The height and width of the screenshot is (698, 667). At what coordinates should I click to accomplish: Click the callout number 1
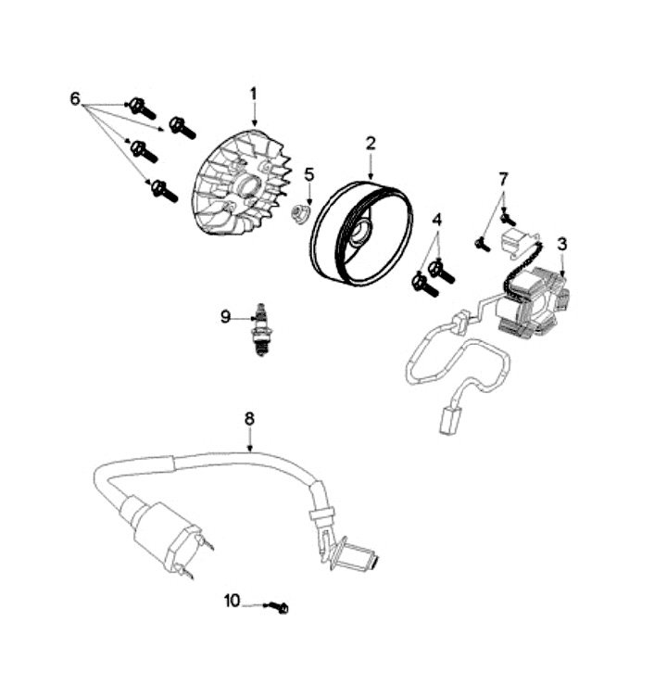pyautogui.click(x=253, y=94)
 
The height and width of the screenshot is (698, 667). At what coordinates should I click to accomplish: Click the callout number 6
pyautogui.click(x=75, y=98)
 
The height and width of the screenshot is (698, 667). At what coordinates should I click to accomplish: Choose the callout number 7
pyautogui.click(x=504, y=178)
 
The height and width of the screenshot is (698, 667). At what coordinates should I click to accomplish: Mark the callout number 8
pyautogui.click(x=249, y=419)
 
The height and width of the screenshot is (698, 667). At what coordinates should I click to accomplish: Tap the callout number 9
pyautogui.click(x=225, y=317)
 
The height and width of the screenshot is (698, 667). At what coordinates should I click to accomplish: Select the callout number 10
pyautogui.click(x=232, y=601)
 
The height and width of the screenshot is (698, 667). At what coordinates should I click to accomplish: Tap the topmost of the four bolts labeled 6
pyautogui.click(x=143, y=108)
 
